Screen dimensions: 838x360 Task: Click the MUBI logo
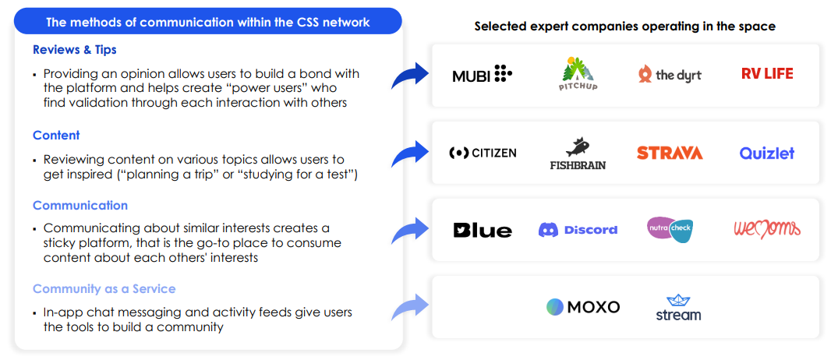482,75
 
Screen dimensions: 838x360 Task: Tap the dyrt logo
670,75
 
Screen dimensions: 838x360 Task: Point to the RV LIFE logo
767,74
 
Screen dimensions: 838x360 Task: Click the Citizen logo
483,154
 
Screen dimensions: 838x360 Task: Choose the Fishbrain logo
578,154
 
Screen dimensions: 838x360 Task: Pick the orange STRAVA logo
670,154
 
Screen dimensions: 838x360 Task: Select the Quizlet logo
767,154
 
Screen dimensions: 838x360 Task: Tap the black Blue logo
483,230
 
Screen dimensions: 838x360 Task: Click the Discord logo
578,230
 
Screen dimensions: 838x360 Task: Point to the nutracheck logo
670,230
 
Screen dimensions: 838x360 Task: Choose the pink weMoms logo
767,230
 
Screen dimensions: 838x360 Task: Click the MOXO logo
583,307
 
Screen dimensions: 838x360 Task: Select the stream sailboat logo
678,308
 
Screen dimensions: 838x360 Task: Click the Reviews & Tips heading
74,50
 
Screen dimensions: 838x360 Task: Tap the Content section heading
56,136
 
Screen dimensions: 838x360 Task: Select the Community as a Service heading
104,289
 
